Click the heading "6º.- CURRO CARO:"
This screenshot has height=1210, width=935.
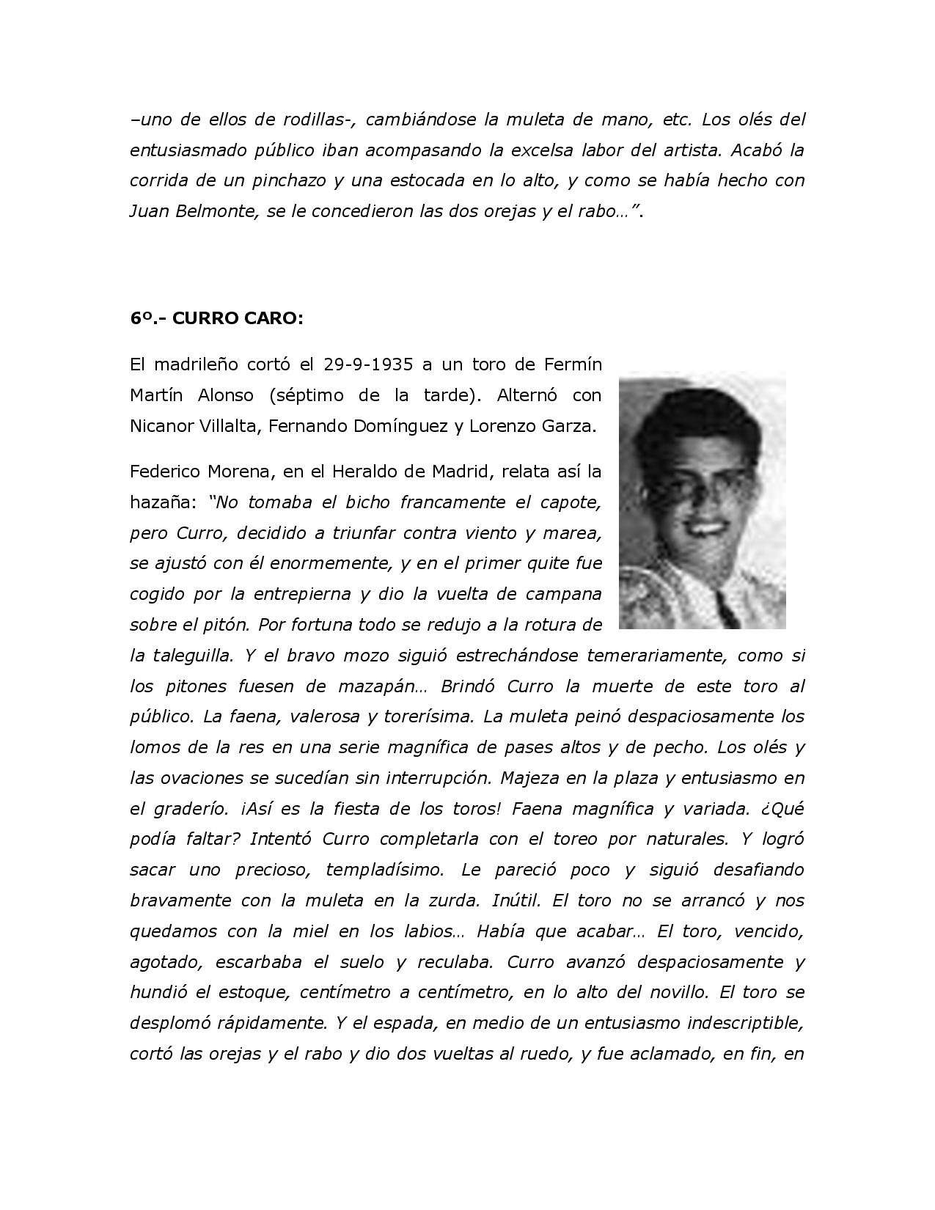pyautogui.click(x=216, y=318)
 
